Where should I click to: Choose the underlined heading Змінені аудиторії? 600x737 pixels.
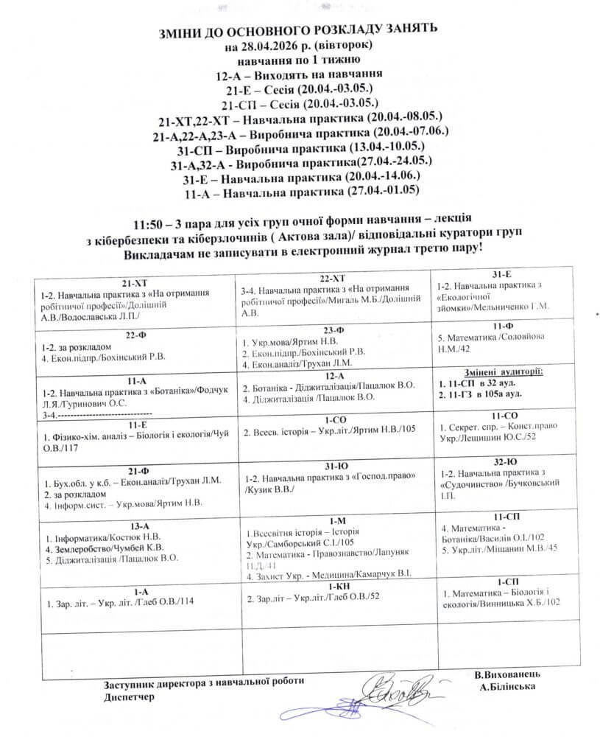[x=504, y=371]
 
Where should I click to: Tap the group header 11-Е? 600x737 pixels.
[x=137, y=425]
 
